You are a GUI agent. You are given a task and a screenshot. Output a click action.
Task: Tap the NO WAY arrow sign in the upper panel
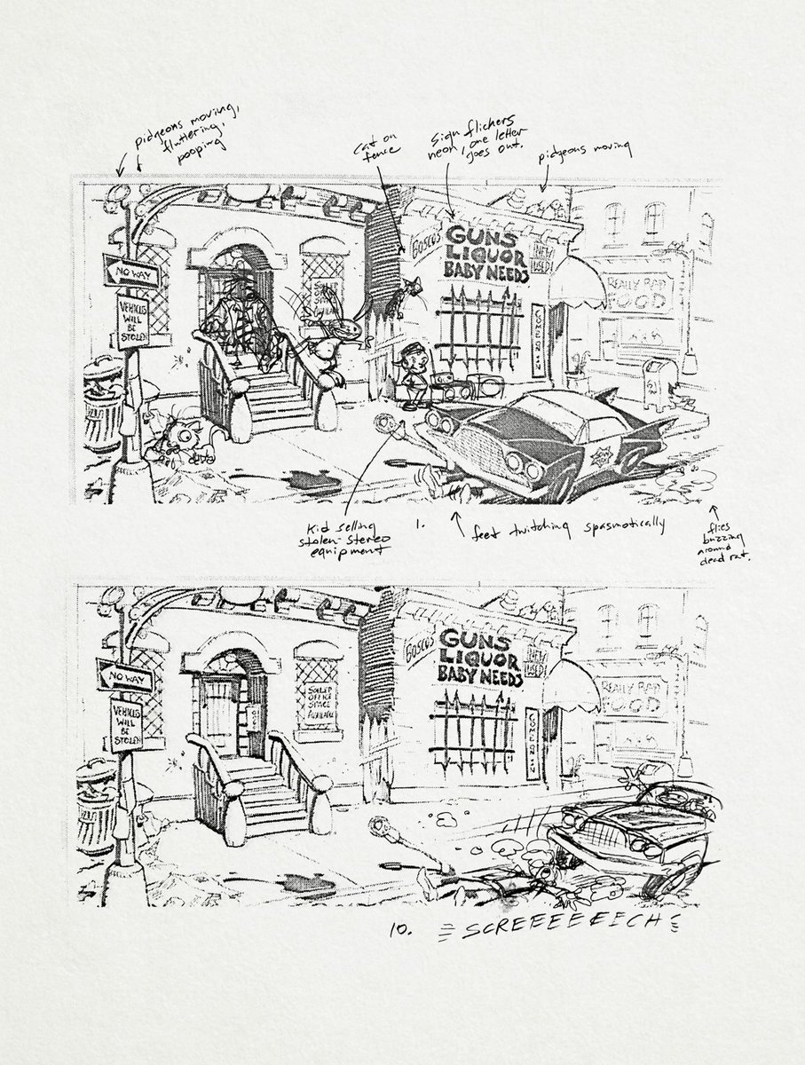pyautogui.click(x=130, y=271)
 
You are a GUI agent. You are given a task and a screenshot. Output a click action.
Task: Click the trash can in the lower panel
pyautogui.click(x=95, y=803)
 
